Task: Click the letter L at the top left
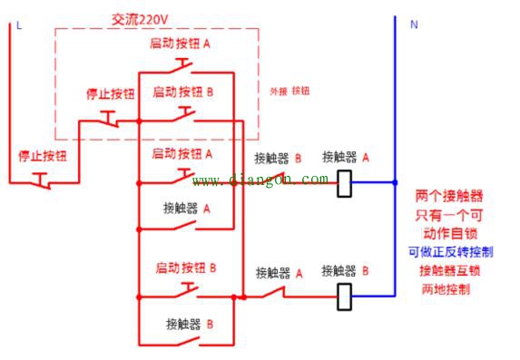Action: [18, 25]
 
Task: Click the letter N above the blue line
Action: [414, 25]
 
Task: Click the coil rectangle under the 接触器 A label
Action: [345, 183]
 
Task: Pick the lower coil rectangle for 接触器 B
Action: [345, 296]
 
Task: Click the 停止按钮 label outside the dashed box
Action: [43, 156]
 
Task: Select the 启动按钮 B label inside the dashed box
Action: [183, 92]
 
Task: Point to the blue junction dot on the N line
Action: [395, 182]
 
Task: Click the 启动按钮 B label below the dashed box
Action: [186, 268]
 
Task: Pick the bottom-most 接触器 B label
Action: [189, 323]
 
